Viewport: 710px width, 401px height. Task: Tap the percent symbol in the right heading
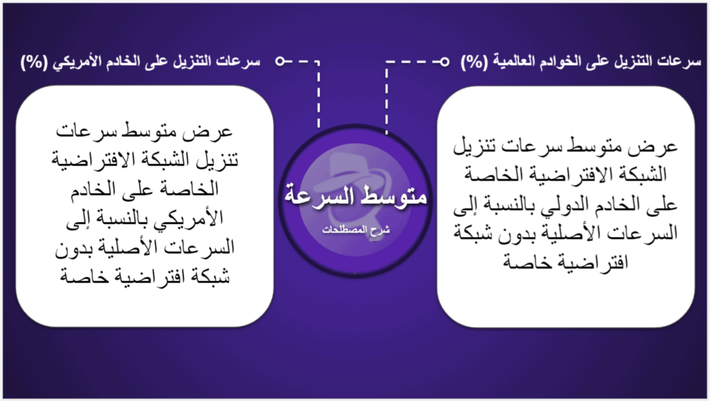[x=474, y=62]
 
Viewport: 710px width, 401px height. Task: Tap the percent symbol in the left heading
[x=34, y=62]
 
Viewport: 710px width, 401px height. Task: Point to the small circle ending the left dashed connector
[x=280, y=61]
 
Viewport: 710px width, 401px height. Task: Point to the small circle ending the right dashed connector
[x=444, y=61]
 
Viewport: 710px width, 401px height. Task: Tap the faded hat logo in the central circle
[x=355, y=181]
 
